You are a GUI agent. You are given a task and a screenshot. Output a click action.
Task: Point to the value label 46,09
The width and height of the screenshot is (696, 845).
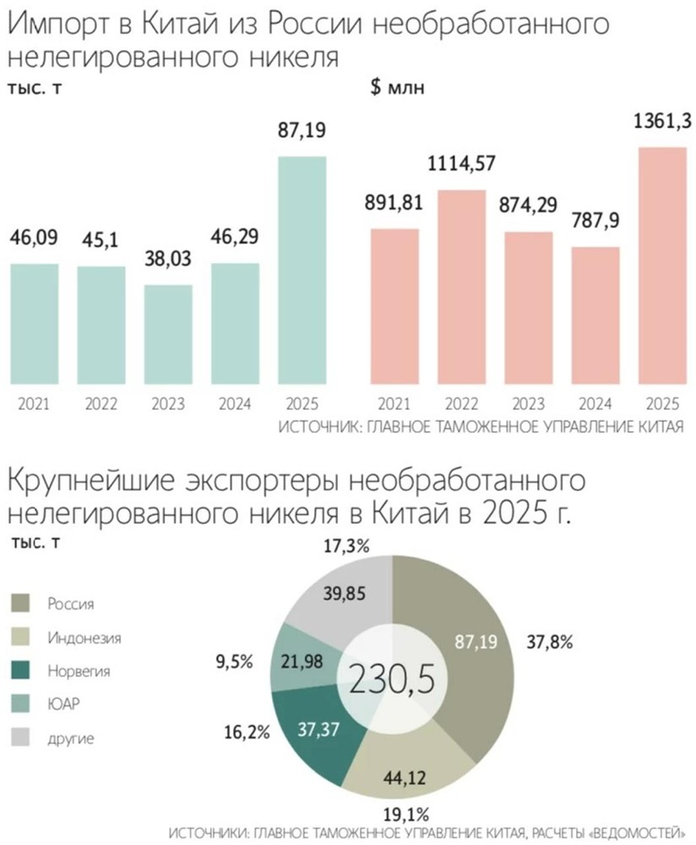pos(34,239)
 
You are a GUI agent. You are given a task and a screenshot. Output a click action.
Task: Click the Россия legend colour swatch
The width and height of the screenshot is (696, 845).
pos(22,602)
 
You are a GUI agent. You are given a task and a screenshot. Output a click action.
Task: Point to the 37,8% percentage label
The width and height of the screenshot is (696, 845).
pos(549,642)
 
